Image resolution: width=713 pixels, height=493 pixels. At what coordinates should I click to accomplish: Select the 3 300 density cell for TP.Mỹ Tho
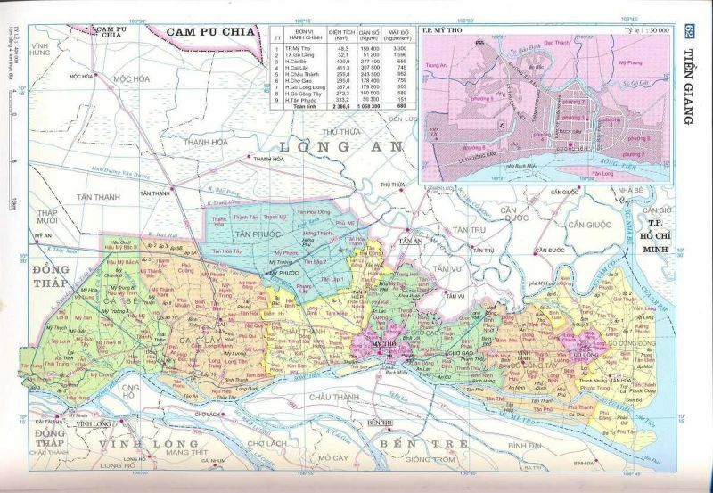pos(401,47)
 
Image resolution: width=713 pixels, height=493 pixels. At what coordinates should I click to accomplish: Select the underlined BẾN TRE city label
pos(380,422)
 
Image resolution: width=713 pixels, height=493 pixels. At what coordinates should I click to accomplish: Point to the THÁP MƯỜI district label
pos(47,217)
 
